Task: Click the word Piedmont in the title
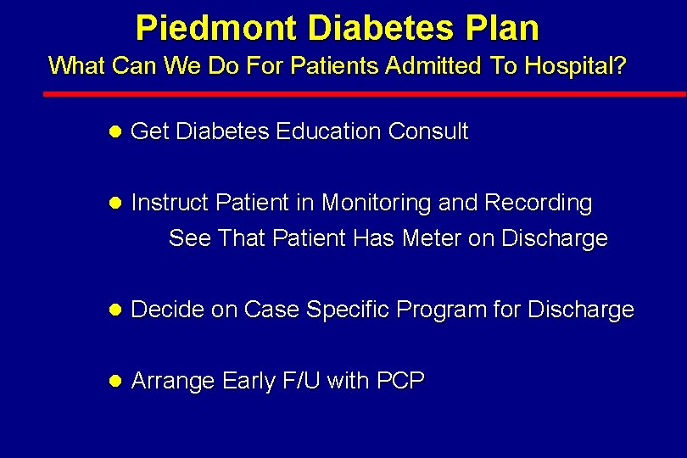pyautogui.click(x=216, y=28)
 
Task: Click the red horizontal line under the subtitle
pyautogui.click(x=365, y=93)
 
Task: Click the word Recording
pyautogui.click(x=538, y=204)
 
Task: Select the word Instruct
pyautogui.click(x=171, y=204)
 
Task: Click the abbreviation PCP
pyautogui.click(x=400, y=382)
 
